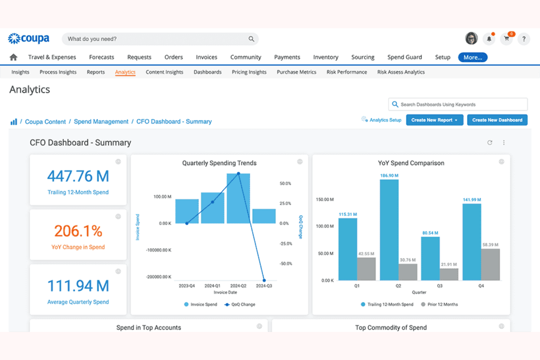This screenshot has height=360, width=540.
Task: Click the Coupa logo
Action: click(x=29, y=38)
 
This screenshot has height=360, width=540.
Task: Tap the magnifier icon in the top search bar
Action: click(x=251, y=39)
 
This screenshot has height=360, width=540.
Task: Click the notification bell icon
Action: click(x=489, y=39)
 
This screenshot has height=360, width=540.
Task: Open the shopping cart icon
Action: click(x=506, y=39)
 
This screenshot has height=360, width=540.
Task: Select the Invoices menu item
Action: click(x=206, y=57)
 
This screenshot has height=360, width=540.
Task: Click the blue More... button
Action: click(x=472, y=57)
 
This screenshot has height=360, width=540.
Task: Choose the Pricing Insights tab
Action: click(x=249, y=72)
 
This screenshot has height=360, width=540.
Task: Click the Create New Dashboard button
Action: click(x=497, y=120)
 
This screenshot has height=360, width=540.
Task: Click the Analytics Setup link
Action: click(x=385, y=120)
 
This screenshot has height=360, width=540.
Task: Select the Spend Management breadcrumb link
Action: click(x=101, y=121)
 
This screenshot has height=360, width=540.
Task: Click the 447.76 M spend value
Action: click(x=78, y=177)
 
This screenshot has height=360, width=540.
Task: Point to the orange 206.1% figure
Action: click(x=78, y=231)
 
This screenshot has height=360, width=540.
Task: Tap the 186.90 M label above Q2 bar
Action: click(x=389, y=175)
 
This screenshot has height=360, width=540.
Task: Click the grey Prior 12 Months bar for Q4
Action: click(x=490, y=264)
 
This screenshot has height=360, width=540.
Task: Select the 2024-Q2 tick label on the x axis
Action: click(x=238, y=286)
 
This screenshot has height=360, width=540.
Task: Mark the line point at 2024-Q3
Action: click(x=264, y=280)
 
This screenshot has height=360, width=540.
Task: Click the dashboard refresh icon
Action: click(x=490, y=143)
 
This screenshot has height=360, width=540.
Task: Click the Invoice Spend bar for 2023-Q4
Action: click(x=187, y=211)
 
